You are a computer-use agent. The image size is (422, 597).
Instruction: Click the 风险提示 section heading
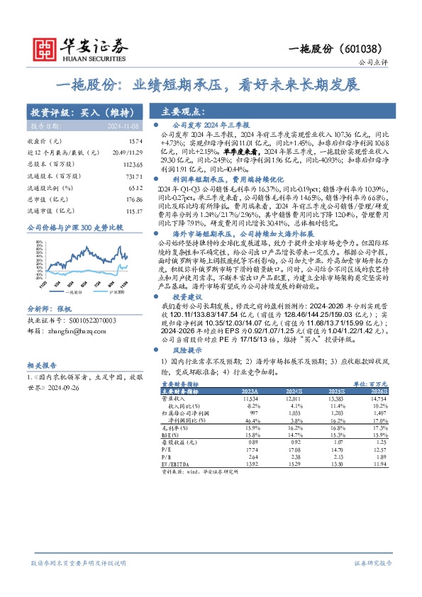click(185, 351)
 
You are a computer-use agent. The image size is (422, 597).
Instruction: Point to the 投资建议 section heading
click(185, 297)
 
